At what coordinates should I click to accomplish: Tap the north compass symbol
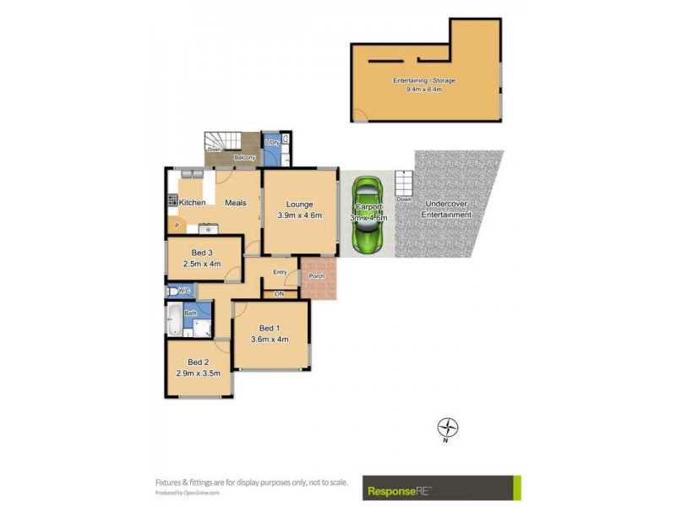pyautogui.click(x=447, y=428)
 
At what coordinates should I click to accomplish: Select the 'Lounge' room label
pyautogui.click(x=299, y=204)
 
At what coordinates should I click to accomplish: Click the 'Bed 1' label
pyautogui.click(x=270, y=328)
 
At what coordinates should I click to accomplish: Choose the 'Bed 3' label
pyautogui.click(x=201, y=253)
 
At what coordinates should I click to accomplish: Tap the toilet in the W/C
pyautogui.click(x=173, y=291)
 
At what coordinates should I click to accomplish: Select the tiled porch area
pyautogui.click(x=319, y=278)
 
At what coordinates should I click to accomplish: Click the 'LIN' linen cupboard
pyautogui.click(x=280, y=293)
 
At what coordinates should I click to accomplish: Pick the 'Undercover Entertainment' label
pyautogui.click(x=448, y=210)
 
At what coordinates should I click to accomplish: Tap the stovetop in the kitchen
pyautogui.click(x=173, y=202)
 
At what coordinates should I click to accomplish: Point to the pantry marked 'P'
pyautogui.click(x=177, y=226)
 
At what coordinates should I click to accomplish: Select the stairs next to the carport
pyautogui.click(x=404, y=185)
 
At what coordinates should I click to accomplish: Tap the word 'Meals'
pyautogui.click(x=236, y=203)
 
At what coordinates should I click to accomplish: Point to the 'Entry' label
pyautogui.click(x=280, y=272)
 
